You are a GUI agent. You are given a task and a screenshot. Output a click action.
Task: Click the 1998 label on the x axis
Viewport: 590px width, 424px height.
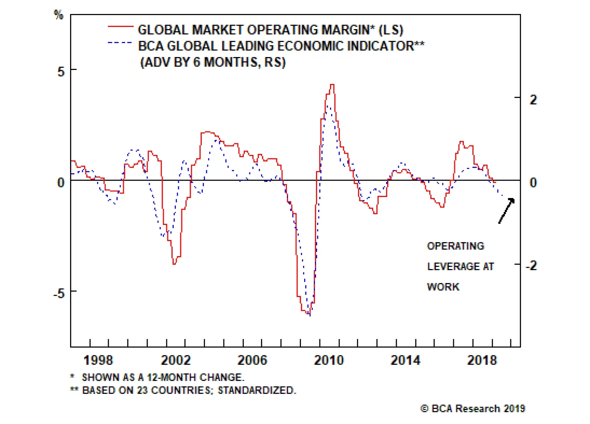pyautogui.click(x=98, y=360)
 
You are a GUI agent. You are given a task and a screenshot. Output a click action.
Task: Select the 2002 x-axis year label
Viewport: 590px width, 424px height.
pyautogui.click(x=176, y=360)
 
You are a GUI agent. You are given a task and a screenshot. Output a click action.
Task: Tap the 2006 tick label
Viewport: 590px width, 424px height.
pyautogui.click(x=252, y=360)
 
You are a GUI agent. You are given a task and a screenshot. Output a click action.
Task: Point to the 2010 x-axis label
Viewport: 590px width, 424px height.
pyautogui.click(x=329, y=360)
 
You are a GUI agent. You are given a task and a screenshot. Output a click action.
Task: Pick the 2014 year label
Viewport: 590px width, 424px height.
pyautogui.click(x=406, y=360)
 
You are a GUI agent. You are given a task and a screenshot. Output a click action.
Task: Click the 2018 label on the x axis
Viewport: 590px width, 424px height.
pyautogui.click(x=482, y=360)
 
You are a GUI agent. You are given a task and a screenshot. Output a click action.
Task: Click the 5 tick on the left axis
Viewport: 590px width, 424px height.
pyautogui.click(x=61, y=71)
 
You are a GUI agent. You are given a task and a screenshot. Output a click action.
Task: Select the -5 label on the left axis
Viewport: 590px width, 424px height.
pyautogui.click(x=59, y=293)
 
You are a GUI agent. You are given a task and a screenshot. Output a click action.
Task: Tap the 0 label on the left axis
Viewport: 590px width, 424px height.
pyautogui.click(x=61, y=182)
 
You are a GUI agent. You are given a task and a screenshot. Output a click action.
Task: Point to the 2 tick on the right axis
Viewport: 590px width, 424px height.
pyautogui.click(x=533, y=99)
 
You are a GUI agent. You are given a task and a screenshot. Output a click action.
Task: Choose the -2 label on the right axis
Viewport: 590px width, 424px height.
pyautogui.click(x=531, y=265)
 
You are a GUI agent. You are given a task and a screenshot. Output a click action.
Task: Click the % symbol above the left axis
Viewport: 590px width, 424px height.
pyautogui.click(x=59, y=15)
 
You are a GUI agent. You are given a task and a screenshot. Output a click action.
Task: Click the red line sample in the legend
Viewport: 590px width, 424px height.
pyautogui.click(x=120, y=27)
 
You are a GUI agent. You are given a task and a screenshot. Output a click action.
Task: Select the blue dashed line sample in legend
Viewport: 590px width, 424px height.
pyautogui.click(x=120, y=43)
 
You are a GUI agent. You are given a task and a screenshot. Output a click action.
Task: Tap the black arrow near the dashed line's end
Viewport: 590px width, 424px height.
pyautogui.click(x=506, y=211)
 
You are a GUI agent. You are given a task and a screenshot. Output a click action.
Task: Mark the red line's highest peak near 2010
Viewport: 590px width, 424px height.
pyautogui.click(x=332, y=85)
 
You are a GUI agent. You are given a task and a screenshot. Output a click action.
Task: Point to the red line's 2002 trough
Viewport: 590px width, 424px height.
pyautogui.click(x=174, y=264)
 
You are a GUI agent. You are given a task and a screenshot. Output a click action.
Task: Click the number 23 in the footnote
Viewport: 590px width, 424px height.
pyautogui.click(x=142, y=390)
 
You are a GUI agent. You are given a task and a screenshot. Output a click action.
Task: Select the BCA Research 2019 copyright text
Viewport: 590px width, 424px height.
pyautogui.click(x=473, y=409)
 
